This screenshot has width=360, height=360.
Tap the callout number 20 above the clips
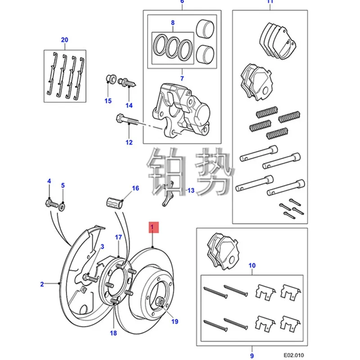coord(64,40)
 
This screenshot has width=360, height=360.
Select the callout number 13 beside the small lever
coord(191,191)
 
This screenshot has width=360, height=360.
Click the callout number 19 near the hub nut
coord(175,321)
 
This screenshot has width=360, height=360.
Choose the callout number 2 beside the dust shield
coord(42,284)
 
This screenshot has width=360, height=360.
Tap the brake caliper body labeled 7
coord(182,108)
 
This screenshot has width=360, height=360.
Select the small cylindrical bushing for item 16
coord(115,201)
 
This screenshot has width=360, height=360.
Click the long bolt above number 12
coord(129,121)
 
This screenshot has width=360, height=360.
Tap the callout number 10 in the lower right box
coord(252,265)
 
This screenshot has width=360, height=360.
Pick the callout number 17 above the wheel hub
coord(118,237)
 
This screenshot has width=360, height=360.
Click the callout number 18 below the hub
coord(113,333)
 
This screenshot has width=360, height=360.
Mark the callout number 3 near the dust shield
coord(102,246)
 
